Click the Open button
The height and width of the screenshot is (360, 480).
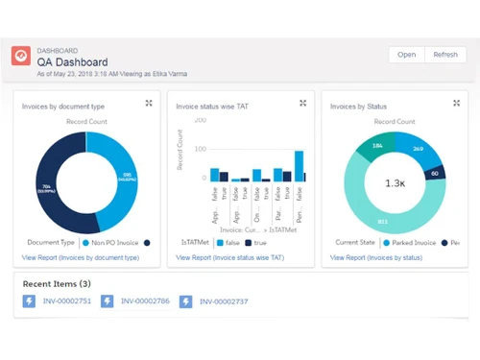[x=406, y=55]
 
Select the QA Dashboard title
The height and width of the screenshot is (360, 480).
[x=73, y=62]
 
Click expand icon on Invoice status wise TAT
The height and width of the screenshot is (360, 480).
[x=303, y=103]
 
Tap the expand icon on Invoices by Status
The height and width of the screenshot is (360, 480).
[x=457, y=103]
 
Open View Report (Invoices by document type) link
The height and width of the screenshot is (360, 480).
[x=81, y=258]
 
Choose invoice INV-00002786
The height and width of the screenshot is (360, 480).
[x=144, y=301]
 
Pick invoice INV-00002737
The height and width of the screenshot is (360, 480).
[x=225, y=301]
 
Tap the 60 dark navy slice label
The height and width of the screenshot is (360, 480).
[x=433, y=174]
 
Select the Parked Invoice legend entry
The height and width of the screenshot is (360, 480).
[x=411, y=244]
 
